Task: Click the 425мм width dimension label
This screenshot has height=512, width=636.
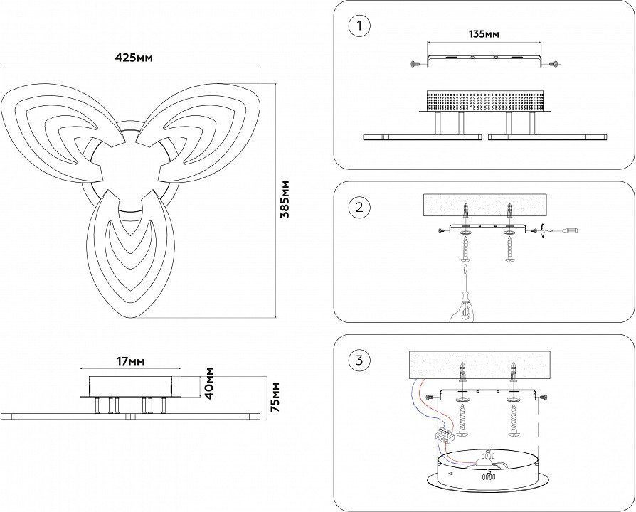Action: tap(135, 58)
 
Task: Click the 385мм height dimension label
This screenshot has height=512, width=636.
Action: tap(285, 200)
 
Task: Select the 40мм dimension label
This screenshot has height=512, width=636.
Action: tap(208, 383)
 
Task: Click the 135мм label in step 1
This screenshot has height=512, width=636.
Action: tap(484, 34)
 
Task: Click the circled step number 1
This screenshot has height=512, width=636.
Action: tap(359, 27)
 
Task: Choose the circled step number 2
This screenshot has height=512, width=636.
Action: tap(359, 208)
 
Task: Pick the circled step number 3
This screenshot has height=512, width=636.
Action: tap(359, 361)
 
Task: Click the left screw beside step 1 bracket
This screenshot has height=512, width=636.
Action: tap(415, 65)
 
